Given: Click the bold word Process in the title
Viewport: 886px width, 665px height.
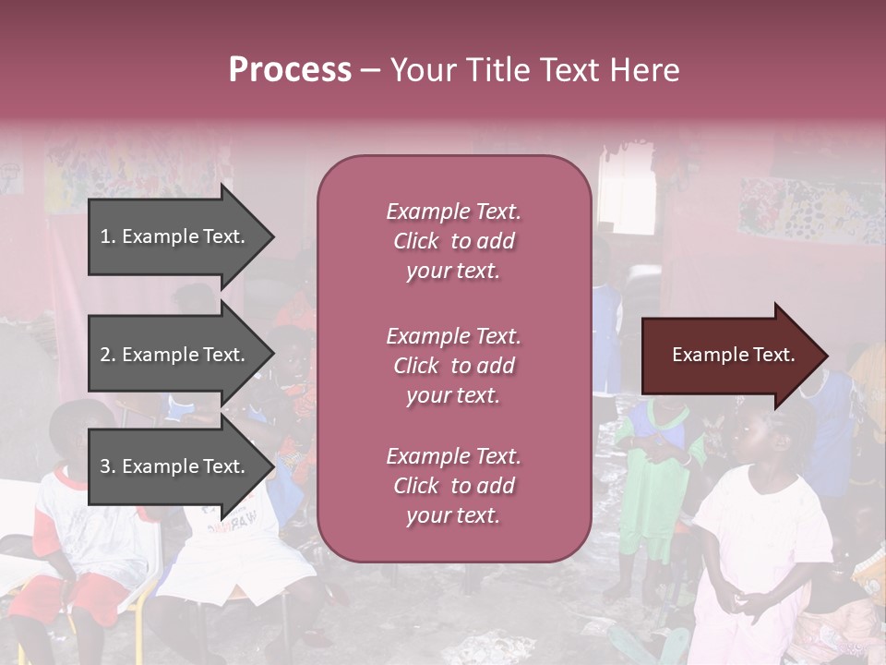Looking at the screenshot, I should pos(290,70).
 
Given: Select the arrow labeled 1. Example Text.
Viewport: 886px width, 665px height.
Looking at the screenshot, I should pos(175,236).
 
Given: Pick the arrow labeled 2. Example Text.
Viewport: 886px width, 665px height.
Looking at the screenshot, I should pos(175,355).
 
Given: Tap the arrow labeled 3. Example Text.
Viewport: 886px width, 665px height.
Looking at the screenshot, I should pos(175,466).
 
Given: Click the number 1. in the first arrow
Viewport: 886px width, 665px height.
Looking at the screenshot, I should pos(108,236).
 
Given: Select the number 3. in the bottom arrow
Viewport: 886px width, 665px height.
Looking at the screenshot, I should pos(108,466).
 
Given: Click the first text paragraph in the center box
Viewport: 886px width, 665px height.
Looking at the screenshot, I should pos(453,241).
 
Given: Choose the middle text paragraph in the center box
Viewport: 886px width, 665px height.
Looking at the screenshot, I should pos(453,366).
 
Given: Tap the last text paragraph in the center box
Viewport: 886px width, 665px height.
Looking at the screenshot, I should pos(453,486).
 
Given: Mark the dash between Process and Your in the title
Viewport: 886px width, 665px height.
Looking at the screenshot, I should pos(370,71).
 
